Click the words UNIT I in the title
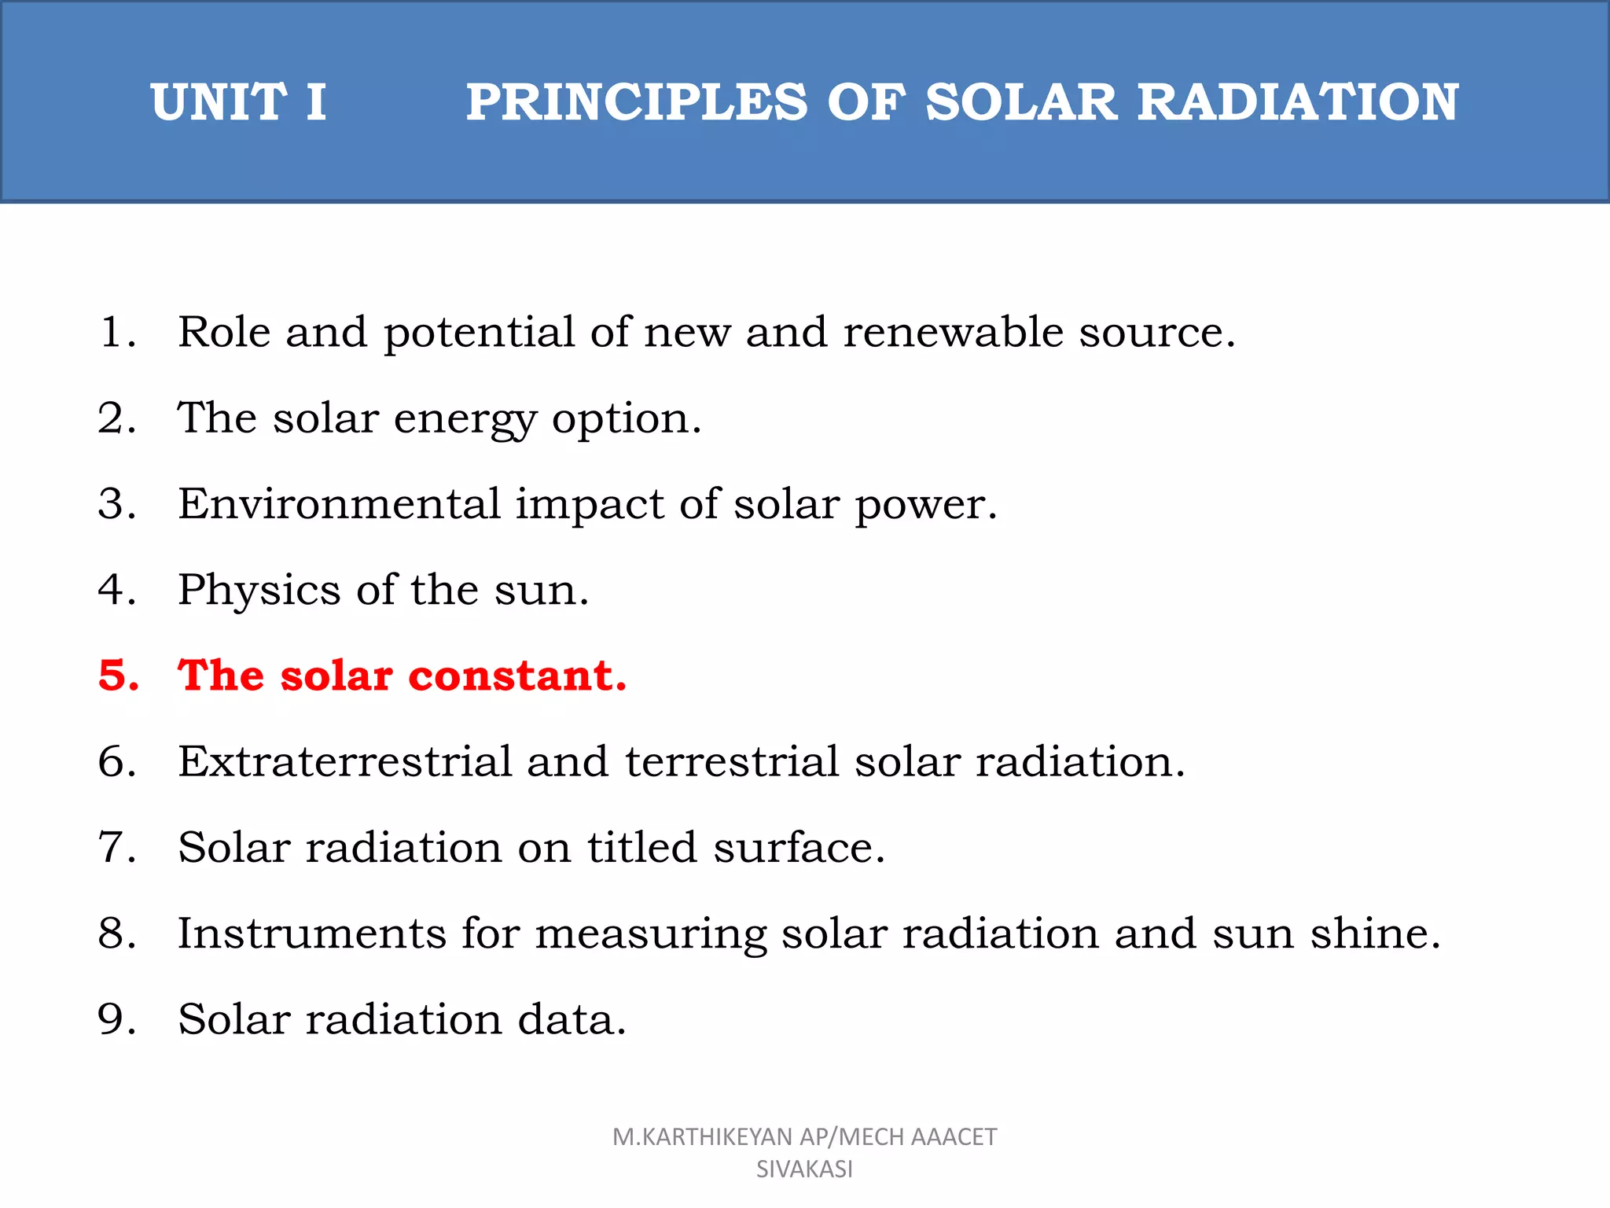point(238,102)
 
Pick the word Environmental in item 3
point(340,503)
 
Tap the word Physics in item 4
point(259,590)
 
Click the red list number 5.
point(118,676)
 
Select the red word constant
point(517,676)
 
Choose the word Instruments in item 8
point(312,934)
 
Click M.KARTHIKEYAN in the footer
point(702,1137)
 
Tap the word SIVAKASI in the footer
point(804,1169)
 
